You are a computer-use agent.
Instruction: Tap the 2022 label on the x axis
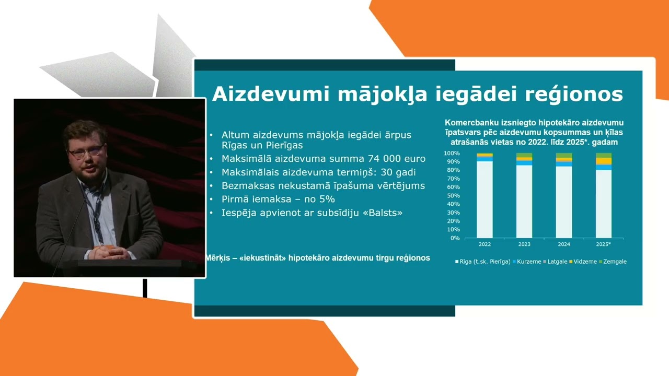pos(485,244)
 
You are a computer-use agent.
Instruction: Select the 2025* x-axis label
pos(604,244)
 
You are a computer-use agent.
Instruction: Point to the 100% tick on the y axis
pos(452,154)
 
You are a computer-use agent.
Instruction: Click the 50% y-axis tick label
pos(453,196)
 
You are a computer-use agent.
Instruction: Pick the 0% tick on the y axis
pos(455,238)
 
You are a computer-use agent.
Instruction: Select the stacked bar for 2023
pos(524,196)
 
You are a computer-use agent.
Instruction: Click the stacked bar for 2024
pos(564,196)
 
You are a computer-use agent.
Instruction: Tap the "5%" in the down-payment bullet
pos(327,199)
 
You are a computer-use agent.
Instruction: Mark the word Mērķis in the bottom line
pos(219,258)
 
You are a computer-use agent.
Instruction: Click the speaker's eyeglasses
pos(86,152)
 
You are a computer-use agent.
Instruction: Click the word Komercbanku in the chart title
pos(469,123)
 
